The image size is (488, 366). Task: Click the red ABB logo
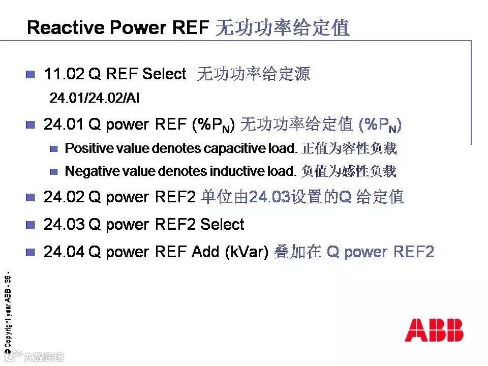coord(434,329)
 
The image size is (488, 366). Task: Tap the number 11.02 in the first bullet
coord(64,74)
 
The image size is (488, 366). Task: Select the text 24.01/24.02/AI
coord(94,98)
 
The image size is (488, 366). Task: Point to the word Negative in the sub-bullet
coord(89,172)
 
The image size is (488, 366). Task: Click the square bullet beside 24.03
coord(30,225)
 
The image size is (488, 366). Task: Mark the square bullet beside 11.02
coord(30,75)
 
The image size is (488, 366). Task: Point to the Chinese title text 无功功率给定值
coord(283,27)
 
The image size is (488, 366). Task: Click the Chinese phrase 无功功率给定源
coord(253,74)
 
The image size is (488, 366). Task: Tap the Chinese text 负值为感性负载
coord(349,172)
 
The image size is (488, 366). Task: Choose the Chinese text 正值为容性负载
coord(349,149)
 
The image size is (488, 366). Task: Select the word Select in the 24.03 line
coord(222,225)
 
